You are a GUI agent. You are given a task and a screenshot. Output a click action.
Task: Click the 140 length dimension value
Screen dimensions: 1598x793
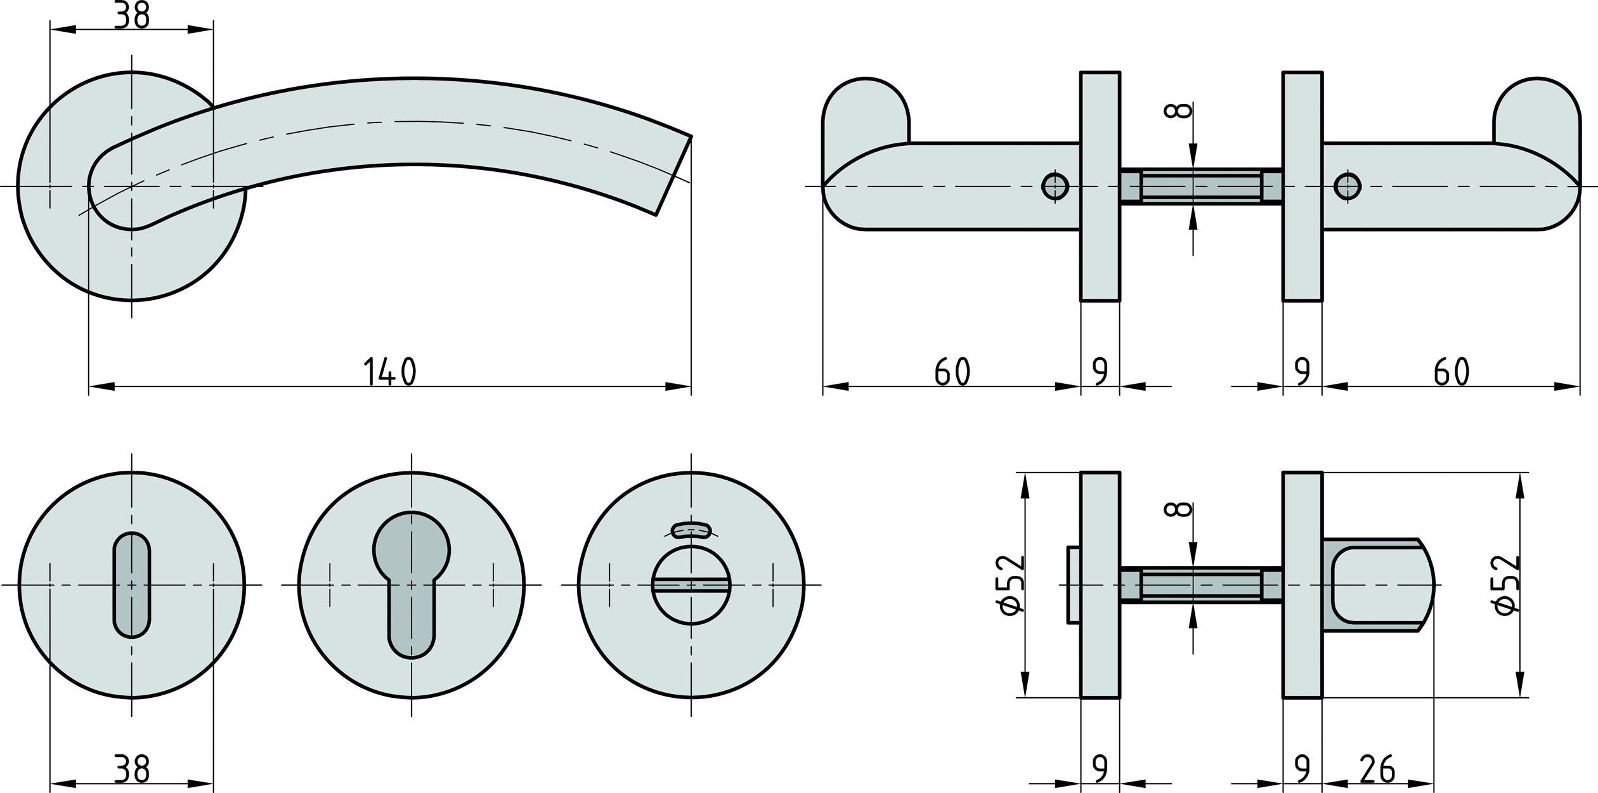click(389, 372)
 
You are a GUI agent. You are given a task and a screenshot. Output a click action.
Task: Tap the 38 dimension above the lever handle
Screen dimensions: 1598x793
click(131, 15)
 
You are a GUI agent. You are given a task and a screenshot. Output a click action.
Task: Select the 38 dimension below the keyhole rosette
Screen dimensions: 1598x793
click(131, 768)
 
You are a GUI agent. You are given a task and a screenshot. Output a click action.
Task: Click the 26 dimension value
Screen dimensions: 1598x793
click(1377, 768)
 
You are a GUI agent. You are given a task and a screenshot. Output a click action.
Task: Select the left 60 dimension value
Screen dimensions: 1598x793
click(952, 372)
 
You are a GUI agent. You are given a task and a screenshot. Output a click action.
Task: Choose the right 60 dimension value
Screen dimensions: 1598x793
click(1451, 372)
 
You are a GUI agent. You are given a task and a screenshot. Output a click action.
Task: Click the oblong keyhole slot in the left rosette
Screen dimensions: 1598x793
click(132, 584)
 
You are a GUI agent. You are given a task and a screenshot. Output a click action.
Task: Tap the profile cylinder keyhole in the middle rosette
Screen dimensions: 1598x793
click(412, 584)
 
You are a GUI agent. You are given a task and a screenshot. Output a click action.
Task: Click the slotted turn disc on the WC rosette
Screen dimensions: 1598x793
click(691, 584)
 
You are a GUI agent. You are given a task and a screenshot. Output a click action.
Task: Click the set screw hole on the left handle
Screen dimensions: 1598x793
click(1055, 186)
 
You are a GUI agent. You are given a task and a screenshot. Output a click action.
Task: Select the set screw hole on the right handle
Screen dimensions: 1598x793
click(1348, 186)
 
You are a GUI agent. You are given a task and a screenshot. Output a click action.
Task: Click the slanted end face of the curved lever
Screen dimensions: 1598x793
click(673, 176)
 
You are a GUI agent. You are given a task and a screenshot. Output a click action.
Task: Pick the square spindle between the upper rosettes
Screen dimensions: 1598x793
click(1201, 187)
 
